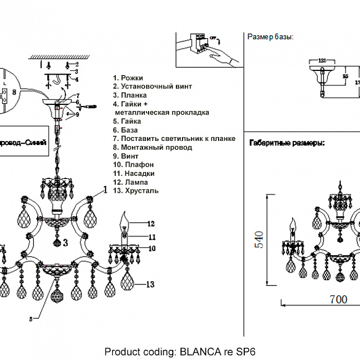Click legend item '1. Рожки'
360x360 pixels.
point(128,78)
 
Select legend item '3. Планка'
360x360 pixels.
point(130,95)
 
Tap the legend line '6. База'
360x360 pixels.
point(125,130)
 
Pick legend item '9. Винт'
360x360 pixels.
point(125,156)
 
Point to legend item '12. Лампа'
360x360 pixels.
point(130,182)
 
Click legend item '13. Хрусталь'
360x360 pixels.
point(136,191)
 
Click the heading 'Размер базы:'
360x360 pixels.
point(271,37)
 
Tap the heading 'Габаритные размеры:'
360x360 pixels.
point(286,143)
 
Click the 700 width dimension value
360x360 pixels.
point(338,299)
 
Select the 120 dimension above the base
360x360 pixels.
point(322,60)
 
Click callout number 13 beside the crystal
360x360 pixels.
point(150,284)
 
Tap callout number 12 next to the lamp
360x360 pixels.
point(151,224)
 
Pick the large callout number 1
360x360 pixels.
point(105,190)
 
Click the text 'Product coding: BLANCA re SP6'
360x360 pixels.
point(179,352)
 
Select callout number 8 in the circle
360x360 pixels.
point(14,92)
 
